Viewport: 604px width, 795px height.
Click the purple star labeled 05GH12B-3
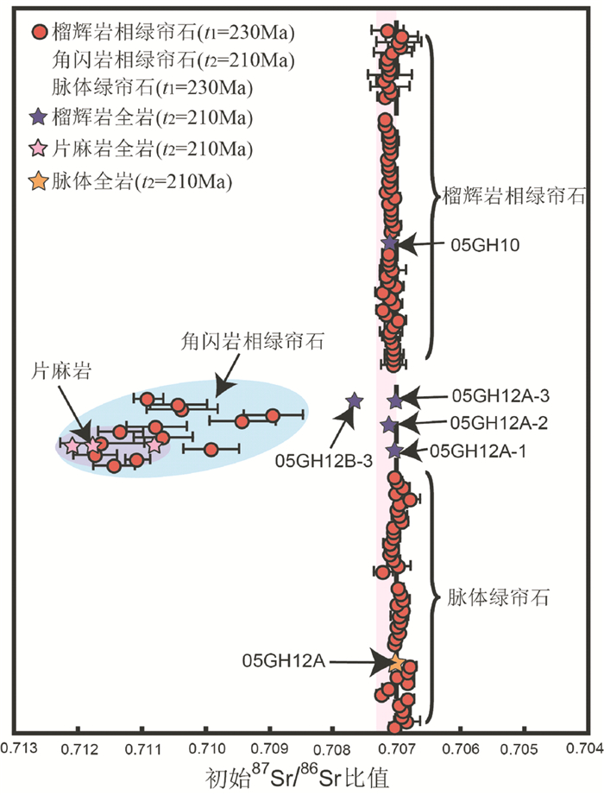[x=354, y=401]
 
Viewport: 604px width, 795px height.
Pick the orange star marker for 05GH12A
[x=396, y=662]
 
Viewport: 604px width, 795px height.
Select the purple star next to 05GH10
[x=389, y=243]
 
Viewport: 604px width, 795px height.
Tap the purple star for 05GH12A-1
[x=394, y=451]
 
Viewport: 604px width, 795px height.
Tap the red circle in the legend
[x=38, y=35]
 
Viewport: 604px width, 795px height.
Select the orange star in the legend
[x=38, y=181]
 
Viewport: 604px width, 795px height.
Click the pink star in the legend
[x=38, y=148]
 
